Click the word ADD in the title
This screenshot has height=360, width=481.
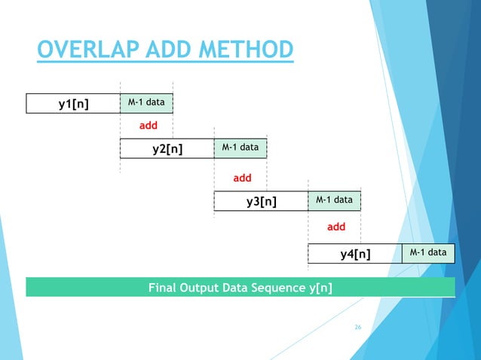(x=167, y=51)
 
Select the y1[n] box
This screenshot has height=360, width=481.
(x=73, y=103)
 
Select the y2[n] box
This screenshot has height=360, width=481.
(x=167, y=148)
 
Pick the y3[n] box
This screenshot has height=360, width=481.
(x=261, y=201)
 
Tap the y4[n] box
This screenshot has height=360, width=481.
(x=355, y=254)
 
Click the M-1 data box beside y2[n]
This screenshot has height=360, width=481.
(x=240, y=148)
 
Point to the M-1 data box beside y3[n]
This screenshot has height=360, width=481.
(x=334, y=200)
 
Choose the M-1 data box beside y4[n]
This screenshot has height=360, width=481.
(x=428, y=253)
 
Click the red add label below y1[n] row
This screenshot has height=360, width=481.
(x=147, y=126)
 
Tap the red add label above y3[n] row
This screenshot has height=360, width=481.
(x=242, y=178)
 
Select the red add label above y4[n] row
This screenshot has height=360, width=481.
(x=335, y=226)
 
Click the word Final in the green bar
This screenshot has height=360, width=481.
(x=164, y=288)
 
